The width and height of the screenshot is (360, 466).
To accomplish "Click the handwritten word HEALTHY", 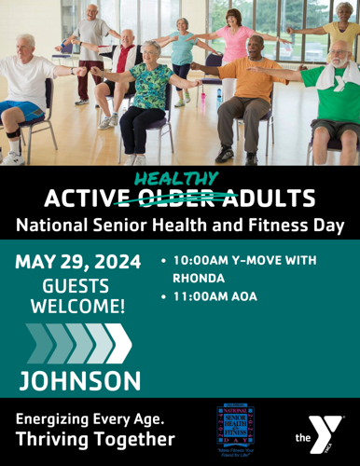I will point(176,178).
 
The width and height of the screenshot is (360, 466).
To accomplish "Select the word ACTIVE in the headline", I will point(88,199).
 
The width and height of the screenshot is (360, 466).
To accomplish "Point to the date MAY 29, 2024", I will point(77,260).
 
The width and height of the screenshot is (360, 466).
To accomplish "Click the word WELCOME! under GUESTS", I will point(77,307).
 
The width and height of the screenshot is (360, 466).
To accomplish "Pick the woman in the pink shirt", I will point(232,47).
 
